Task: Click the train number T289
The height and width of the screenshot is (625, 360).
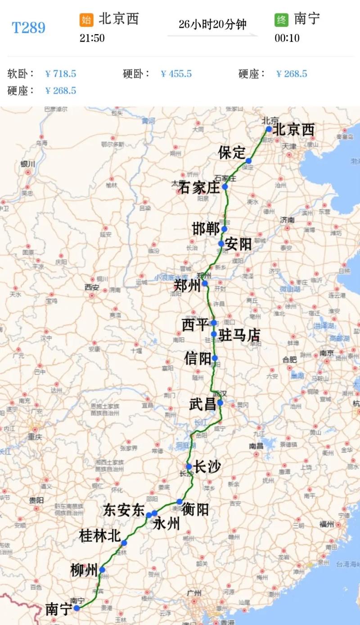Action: pyautogui.click(x=28, y=28)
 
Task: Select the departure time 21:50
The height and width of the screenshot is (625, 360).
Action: pyautogui.click(x=92, y=38)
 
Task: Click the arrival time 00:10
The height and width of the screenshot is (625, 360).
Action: pyautogui.click(x=287, y=38)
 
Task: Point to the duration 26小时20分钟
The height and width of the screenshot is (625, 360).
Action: pyautogui.click(x=212, y=24)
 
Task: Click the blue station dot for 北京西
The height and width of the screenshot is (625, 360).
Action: pyautogui.click(x=269, y=129)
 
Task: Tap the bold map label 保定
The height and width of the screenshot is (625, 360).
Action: pyautogui.click(x=232, y=153)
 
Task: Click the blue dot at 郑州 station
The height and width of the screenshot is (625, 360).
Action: pyautogui.click(x=205, y=283)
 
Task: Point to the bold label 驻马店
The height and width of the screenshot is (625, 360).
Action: pyautogui.click(x=239, y=335)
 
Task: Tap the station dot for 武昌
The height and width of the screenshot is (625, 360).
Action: pyautogui.click(x=220, y=403)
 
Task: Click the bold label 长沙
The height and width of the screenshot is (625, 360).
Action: pyautogui.click(x=207, y=467)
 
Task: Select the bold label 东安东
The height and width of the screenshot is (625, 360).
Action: pyautogui.click(x=124, y=510)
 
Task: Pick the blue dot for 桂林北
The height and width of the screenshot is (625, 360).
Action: pyautogui.click(x=124, y=543)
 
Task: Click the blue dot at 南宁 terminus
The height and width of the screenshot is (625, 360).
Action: pyautogui.click(x=77, y=608)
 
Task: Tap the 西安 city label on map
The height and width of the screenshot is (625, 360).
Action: pyautogui.click(x=92, y=287)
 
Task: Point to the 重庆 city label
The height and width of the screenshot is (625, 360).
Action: pyautogui.click(x=35, y=437)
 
